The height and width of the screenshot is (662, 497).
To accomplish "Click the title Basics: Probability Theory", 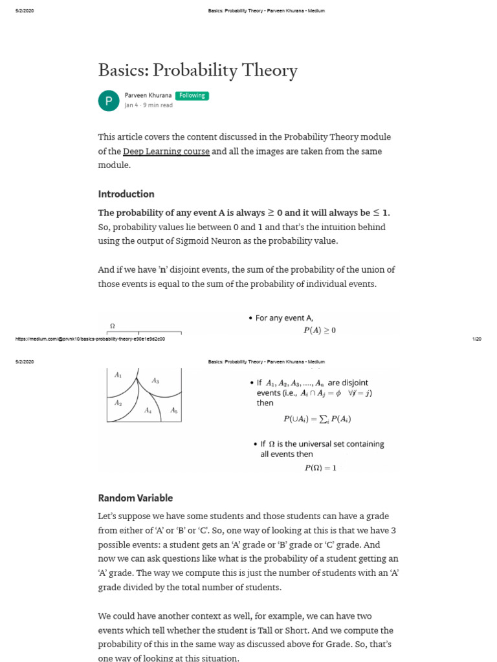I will pyautogui.click(x=197, y=70).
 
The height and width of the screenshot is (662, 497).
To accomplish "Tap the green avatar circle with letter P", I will pyautogui.click(x=108, y=101).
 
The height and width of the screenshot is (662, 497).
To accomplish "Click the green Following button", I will pyautogui.click(x=192, y=96).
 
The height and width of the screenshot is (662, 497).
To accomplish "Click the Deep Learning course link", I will pyautogui.click(x=166, y=151).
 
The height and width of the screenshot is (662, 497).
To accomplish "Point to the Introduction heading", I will pyautogui.click(x=126, y=194).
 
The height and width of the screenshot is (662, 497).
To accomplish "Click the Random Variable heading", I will pyautogui.click(x=135, y=498).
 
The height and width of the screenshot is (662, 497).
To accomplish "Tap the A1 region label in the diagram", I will pyautogui.click(x=118, y=375).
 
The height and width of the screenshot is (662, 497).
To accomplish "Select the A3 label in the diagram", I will pyautogui.click(x=155, y=381).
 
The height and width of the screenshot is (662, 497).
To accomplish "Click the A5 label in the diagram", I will pyautogui.click(x=173, y=411).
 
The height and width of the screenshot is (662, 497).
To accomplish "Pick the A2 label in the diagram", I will pyautogui.click(x=118, y=403).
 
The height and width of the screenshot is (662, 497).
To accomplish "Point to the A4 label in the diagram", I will pyautogui.click(x=148, y=411).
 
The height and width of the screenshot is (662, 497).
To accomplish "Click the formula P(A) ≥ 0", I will pyautogui.click(x=320, y=330).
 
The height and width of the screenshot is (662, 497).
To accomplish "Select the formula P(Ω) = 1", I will pyautogui.click(x=320, y=467).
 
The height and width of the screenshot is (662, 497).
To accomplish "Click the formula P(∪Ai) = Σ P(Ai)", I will pyautogui.click(x=317, y=418).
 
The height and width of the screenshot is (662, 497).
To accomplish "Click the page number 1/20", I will pyautogui.click(x=477, y=339).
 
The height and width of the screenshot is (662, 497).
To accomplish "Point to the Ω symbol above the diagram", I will pyautogui.click(x=113, y=326).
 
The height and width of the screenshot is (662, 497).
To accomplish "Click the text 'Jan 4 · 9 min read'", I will pyautogui.click(x=148, y=105).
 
